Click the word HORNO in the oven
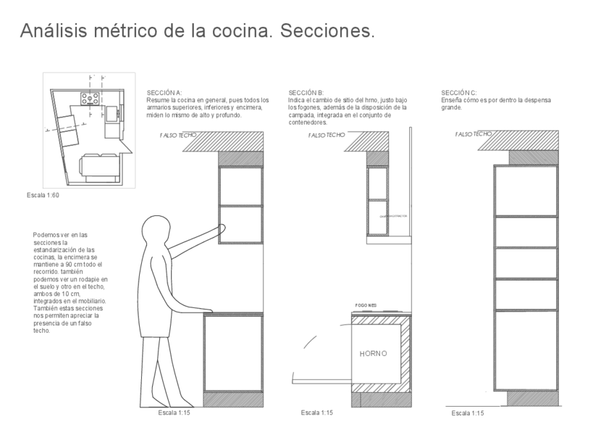tap(374, 354)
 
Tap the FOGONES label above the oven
tap(366, 305)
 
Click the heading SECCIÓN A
tap(164, 93)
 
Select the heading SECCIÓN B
tap(306, 93)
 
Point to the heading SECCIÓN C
tap(459, 93)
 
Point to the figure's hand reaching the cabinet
tap(220, 229)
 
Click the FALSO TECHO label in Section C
tap(474, 134)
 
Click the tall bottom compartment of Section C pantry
tap(526, 349)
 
